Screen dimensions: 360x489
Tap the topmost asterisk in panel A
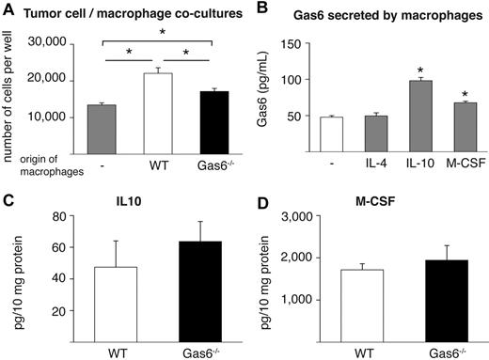[x=163, y=31]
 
